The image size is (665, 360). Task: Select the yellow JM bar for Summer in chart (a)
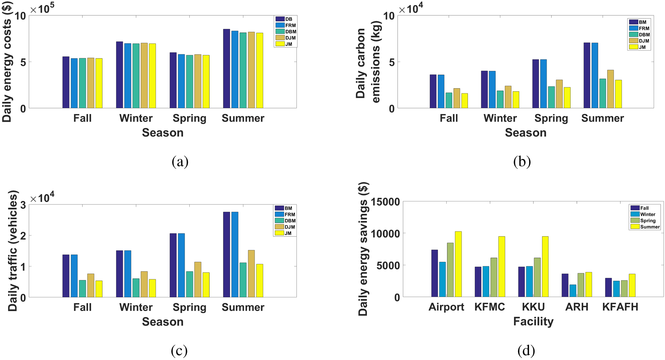260,70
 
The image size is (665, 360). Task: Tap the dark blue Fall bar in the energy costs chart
66,82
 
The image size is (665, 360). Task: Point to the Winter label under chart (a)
136,118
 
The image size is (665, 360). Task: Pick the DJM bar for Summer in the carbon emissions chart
610,89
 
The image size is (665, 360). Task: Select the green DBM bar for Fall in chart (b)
449,100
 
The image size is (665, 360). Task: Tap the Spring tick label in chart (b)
551,118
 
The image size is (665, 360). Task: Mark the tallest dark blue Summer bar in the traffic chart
226,254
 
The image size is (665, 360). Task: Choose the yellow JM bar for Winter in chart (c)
152,288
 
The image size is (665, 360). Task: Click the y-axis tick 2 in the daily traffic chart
23,236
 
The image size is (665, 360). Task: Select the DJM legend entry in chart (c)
285,227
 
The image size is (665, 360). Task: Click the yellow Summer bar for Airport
458,264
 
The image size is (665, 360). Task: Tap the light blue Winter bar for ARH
573,291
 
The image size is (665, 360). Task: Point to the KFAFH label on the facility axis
620,307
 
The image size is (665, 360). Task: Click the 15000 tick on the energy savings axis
385,202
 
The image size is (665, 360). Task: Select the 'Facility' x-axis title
533,322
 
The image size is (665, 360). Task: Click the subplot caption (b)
522,162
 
